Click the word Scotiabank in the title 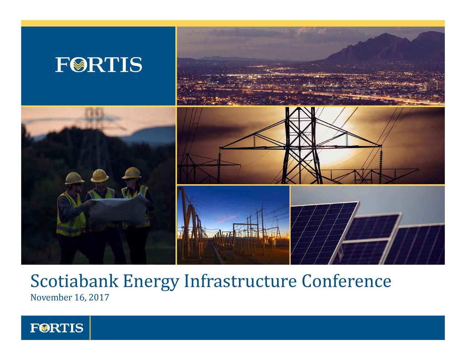point(74,282)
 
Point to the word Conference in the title point(346,282)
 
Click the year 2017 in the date point(99,298)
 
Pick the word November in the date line point(51,298)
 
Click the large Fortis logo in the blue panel point(99,65)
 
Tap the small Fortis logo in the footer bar point(56,328)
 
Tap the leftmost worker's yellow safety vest point(69,215)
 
